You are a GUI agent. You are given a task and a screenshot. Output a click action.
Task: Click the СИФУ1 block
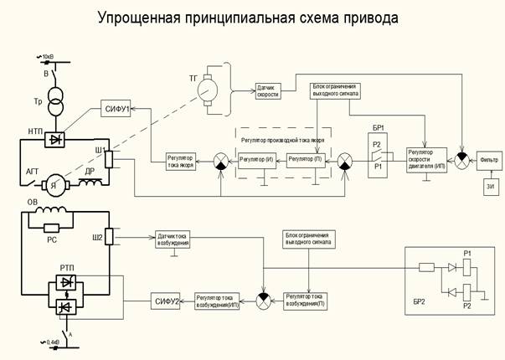[117, 109]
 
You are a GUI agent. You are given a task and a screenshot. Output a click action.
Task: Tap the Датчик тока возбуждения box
[174, 239]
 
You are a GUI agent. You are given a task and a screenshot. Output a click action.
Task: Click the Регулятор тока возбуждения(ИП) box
[219, 299]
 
